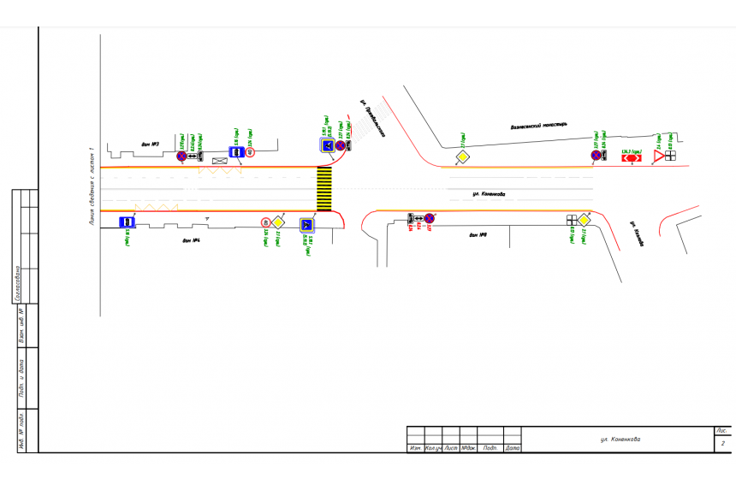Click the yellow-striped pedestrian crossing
coord(324,189)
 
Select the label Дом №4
coord(191,240)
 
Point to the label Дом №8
coord(478,234)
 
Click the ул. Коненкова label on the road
coord(489,195)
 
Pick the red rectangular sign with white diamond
coord(632,157)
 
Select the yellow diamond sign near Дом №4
coord(278,222)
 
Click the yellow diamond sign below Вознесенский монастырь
coord(461,156)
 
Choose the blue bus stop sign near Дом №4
coord(127,222)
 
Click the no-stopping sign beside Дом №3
coord(181,156)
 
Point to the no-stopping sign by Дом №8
coord(430,219)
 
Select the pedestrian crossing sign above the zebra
coord(327,146)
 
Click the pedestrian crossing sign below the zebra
coord(306,225)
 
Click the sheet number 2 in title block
coord(723,444)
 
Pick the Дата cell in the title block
coord(512,448)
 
